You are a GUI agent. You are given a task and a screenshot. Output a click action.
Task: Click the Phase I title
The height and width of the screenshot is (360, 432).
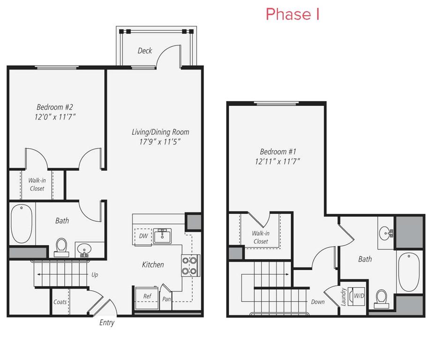pos(293,14)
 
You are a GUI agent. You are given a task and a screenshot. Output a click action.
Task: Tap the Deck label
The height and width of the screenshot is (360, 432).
pos(144,51)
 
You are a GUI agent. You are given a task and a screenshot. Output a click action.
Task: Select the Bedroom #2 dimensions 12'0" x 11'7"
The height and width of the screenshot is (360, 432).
pos(55,117)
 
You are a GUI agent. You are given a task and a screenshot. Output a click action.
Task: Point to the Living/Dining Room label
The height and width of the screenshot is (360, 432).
pos(160,132)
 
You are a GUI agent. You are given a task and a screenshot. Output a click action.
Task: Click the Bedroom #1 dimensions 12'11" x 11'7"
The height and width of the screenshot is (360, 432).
pos(277,161)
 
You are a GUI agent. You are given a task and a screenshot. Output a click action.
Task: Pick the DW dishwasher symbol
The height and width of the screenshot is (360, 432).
pos(143,236)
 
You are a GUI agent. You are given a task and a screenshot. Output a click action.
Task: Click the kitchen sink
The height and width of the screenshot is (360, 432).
pos(162,236)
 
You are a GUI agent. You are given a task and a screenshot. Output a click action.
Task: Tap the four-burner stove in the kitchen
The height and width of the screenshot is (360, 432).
pos(190,265)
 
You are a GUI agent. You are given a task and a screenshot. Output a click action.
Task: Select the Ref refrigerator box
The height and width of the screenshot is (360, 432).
pos(147,298)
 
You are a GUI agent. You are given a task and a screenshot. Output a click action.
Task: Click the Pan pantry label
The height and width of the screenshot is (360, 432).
pos(166,299)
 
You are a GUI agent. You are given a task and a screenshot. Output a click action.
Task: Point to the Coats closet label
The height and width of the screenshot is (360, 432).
pos(60,302)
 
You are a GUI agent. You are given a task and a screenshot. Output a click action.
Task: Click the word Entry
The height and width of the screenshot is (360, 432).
pos(107,323)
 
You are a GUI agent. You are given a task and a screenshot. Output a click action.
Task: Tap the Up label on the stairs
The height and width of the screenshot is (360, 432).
pos(94,275)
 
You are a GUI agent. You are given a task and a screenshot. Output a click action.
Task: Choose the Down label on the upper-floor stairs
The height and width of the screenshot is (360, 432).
pos(318,302)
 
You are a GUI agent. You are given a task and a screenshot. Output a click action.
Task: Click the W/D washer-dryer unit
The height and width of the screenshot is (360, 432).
pos(356,296)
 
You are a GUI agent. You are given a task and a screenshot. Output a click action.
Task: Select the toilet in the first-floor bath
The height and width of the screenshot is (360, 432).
pos(61,247)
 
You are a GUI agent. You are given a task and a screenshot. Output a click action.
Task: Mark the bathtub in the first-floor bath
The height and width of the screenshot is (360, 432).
pos(22,224)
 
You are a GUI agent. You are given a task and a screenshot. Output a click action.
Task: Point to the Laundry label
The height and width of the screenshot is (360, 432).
pos(343,297)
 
